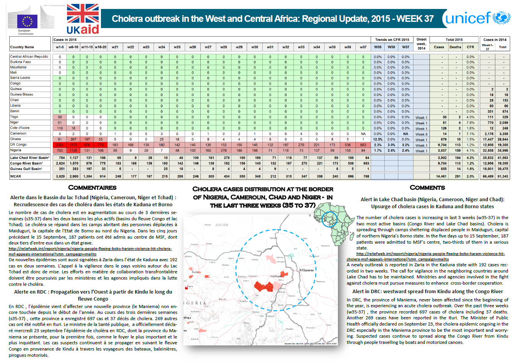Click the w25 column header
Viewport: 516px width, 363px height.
(x=177, y=47)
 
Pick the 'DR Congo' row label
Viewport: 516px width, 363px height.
(x=18, y=145)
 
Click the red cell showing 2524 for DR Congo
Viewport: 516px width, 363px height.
(x=60, y=145)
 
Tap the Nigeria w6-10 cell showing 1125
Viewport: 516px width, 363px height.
(x=73, y=151)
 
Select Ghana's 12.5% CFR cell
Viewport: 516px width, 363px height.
(x=378, y=139)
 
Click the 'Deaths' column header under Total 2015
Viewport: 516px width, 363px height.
(x=455, y=47)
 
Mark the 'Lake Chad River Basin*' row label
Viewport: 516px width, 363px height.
(x=30, y=158)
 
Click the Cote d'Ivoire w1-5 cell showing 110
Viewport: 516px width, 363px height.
(x=60, y=128)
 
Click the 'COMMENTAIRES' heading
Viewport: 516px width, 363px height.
(x=92, y=188)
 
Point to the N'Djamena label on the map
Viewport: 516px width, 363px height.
(x=306, y=270)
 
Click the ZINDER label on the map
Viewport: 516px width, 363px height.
(x=222, y=225)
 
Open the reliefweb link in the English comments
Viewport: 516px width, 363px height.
(x=429, y=256)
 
